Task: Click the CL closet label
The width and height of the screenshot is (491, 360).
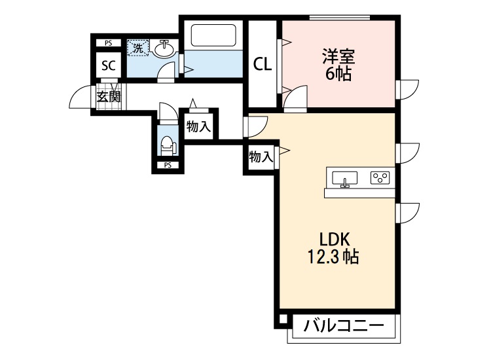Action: point(263,63)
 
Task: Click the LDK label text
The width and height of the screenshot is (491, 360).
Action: point(335,238)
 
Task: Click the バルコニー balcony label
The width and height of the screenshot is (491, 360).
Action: point(343,325)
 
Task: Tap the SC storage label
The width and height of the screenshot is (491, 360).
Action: point(109,65)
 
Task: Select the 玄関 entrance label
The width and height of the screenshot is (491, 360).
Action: point(109,98)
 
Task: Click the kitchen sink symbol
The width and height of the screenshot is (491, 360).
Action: point(345,178)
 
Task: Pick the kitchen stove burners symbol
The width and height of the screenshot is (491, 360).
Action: point(380,177)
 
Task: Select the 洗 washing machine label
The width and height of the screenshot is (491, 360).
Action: point(137,47)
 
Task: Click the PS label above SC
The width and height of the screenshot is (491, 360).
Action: point(109,43)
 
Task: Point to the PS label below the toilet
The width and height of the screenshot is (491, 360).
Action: point(168,164)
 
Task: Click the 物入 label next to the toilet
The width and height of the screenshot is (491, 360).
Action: point(198,126)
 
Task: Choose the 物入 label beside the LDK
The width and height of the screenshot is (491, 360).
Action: point(261,157)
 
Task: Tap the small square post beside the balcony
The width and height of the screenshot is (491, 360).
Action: point(282,321)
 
